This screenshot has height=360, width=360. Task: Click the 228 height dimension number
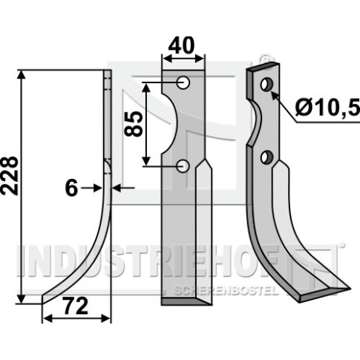click(10, 175)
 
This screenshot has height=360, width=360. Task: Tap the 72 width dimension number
click(76, 306)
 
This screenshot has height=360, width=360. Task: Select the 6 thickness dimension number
click(71, 189)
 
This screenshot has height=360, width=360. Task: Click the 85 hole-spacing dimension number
click(134, 124)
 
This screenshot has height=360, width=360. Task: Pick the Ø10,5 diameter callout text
click(327, 108)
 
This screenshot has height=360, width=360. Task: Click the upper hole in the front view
click(183, 82)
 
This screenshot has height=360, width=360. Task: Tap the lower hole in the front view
click(183, 166)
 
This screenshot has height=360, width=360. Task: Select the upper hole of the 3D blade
click(266, 85)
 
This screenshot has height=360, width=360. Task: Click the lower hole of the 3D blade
click(267, 157)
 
